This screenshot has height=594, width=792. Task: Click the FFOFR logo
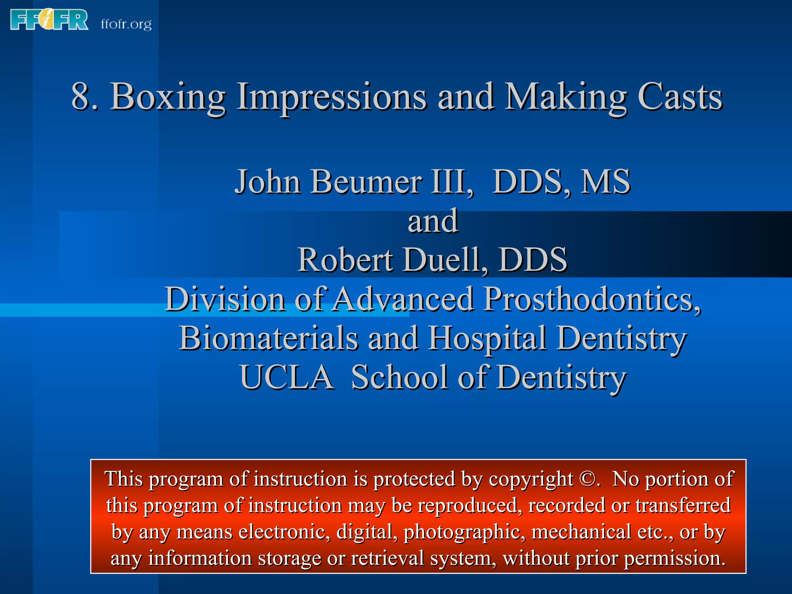(49, 20)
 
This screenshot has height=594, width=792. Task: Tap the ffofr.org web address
(126, 24)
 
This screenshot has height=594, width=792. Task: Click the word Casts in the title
(679, 97)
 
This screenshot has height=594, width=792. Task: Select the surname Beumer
(366, 181)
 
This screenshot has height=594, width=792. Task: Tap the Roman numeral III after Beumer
(451, 181)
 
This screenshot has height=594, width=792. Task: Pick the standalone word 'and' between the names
(433, 221)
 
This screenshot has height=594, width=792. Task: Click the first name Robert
(345, 260)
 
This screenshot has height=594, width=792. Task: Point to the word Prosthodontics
(592, 299)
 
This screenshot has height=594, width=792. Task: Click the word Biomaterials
(268, 338)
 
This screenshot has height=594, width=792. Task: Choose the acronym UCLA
(287, 377)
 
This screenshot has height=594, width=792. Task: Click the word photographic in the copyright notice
(464, 532)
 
